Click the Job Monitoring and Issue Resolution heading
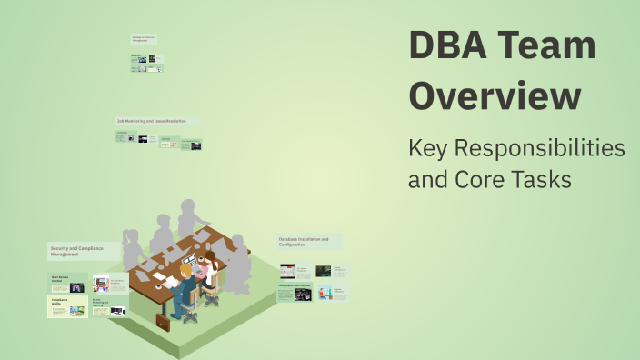click(156, 120)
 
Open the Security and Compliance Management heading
click(81, 252)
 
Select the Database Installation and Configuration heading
click(309, 242)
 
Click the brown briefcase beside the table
click(163, 322)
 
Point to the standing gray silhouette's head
click(188, 207)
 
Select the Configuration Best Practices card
click(296, 292)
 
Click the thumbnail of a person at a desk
click(325, 293)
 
